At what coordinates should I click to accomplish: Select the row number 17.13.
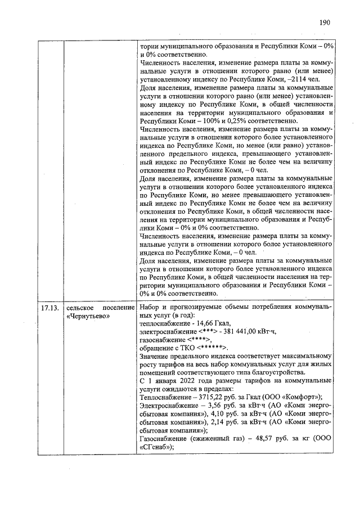pos(49,308)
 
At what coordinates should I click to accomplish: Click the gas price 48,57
pos(266,439)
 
